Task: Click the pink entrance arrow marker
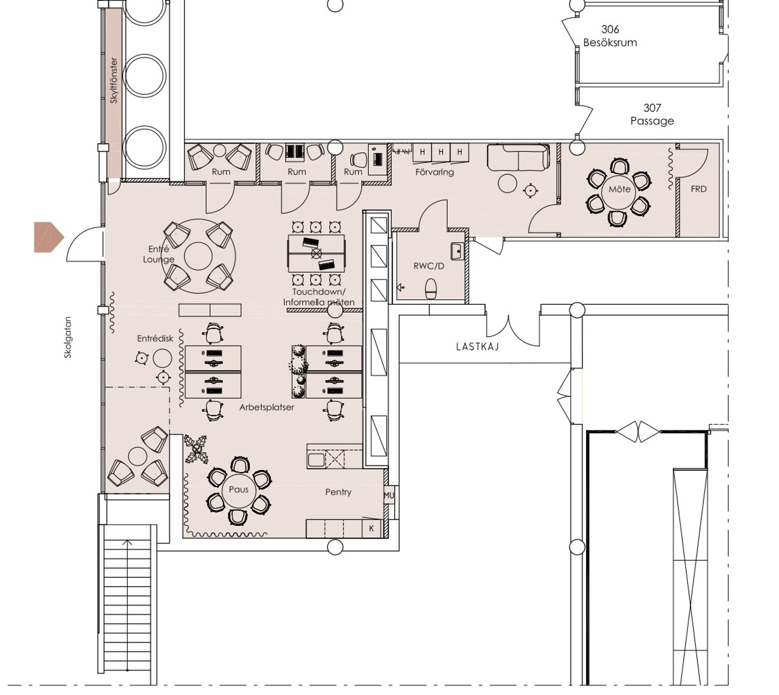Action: pyautogui.click(x=49, y=237)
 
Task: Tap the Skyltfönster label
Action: pyautogui.click(x=113, y=80)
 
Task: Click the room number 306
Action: pyautogui.click(x=610, y=29)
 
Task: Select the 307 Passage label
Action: pyautogui.click(x=652, y=114)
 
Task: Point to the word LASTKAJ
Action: pyautogui.click(x=478, y=347)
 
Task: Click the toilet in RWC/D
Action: pyautogui.click(x=431, y=288)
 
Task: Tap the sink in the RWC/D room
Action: pyautogui.click(x=458, y=251)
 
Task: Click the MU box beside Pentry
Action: pyautogui.click(x=389, y=495)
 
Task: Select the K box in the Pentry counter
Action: pyautogui.click(x=372, y=528)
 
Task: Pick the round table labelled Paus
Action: pyautogui.click(x=238, y=490)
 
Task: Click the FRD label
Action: pyautogui.click(x=698, y=189)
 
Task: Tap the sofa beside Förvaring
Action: pyautogui.click(x=518, y=157)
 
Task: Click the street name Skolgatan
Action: pyautogui.click(x=68, y=337)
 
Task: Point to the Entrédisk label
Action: pyautogui.click(x=155, y=339)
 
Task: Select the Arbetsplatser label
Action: pyautogui.click(x=266, y=407)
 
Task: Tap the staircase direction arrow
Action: pyautogui.click(x=127, y=542)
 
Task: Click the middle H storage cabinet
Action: pyautogui.click(x=441, y=152)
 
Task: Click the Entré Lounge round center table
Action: pyautogui.click(x=198, y=256)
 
